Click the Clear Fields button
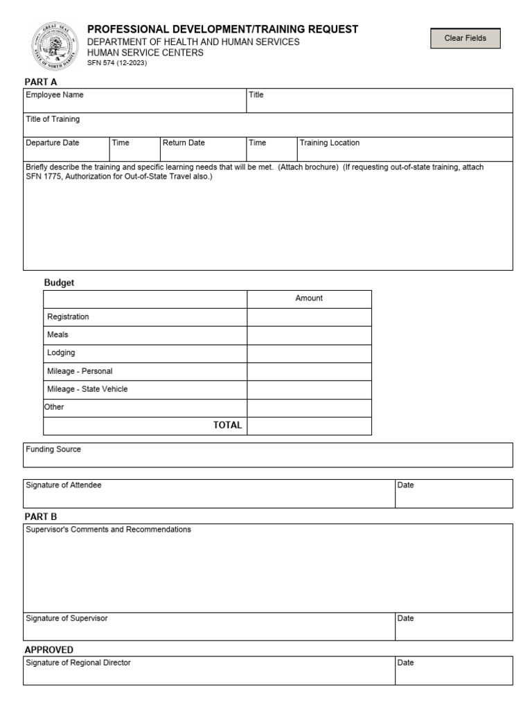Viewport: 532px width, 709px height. (465, 39)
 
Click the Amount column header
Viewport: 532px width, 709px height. (309, 298)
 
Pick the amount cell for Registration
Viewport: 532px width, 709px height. (309, 317)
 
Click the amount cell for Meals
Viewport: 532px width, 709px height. (309, 335)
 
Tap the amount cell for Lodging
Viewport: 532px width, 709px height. (309, 353)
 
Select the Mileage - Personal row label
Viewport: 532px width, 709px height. (80, 371)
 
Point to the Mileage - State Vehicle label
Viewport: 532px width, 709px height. (87, 389)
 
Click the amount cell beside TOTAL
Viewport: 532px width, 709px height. (309, 426)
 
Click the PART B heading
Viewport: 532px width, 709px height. (41, 517)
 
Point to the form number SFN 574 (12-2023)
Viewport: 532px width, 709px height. (116, 63)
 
